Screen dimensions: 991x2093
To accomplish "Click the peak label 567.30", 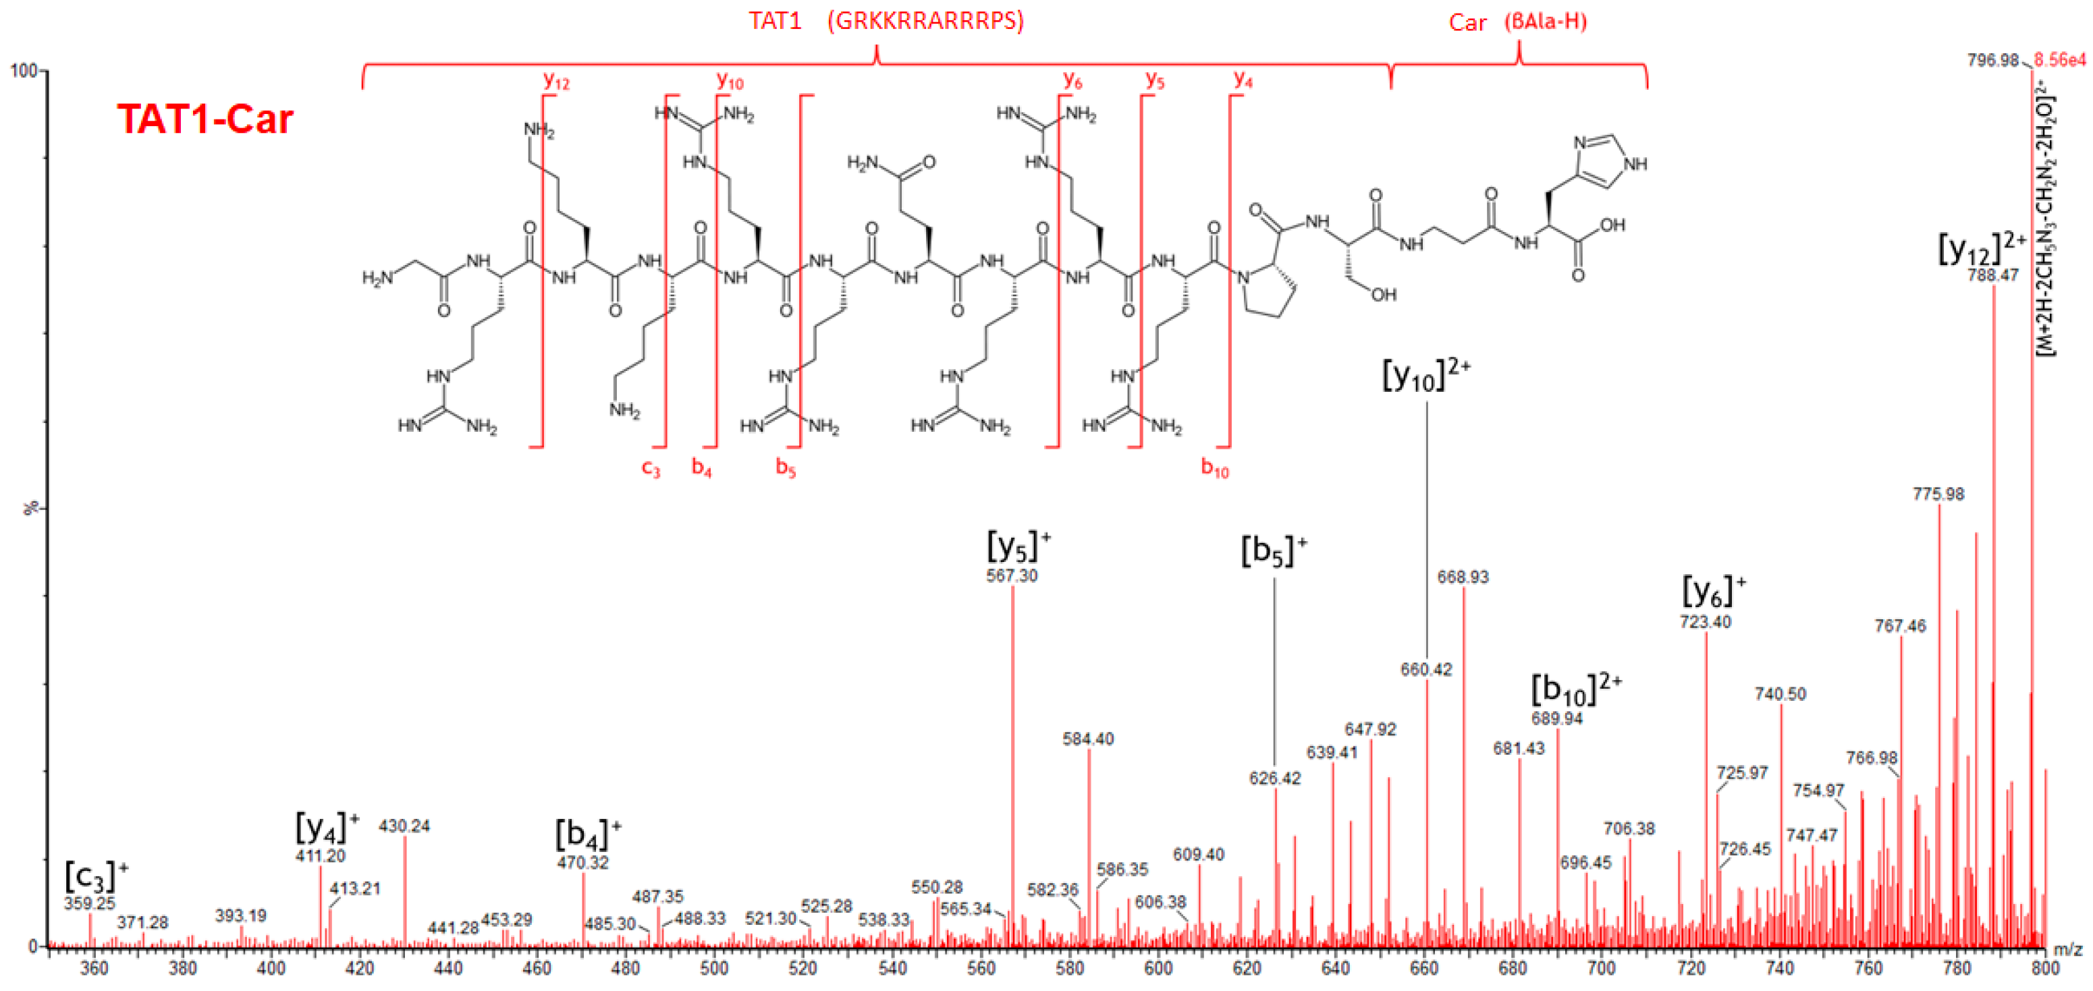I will click(x=1012, y=576).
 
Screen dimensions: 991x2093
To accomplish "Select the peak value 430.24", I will click(x=404, y=826).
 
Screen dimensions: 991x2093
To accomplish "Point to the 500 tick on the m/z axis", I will click(x=714, y=968).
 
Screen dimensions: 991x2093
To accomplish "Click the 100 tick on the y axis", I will click(x=24, y=71).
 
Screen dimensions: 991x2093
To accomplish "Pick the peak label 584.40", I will click(x=1088, y=739).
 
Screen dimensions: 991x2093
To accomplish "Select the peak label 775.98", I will click(x=1938, y=494).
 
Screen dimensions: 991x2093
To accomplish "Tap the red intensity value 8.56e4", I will click(x=2060, y=60).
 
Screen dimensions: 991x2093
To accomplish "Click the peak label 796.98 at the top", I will click(x=1992, y=60).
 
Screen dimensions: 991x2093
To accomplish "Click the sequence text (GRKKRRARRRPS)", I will click(x=925, y=21).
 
